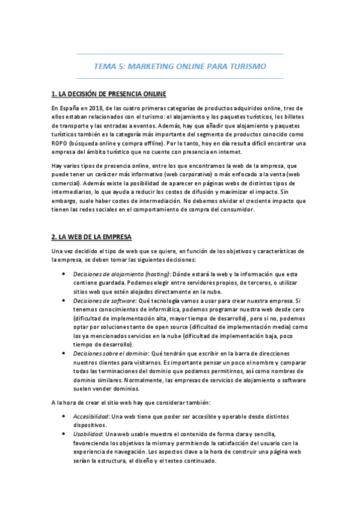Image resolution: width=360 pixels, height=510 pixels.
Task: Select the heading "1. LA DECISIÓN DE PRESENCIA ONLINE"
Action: click(x=109, y=94)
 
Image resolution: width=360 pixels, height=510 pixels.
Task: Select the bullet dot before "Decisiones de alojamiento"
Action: click(x=64, y=274)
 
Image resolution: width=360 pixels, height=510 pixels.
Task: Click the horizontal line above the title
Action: click(x=180, y=54)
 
